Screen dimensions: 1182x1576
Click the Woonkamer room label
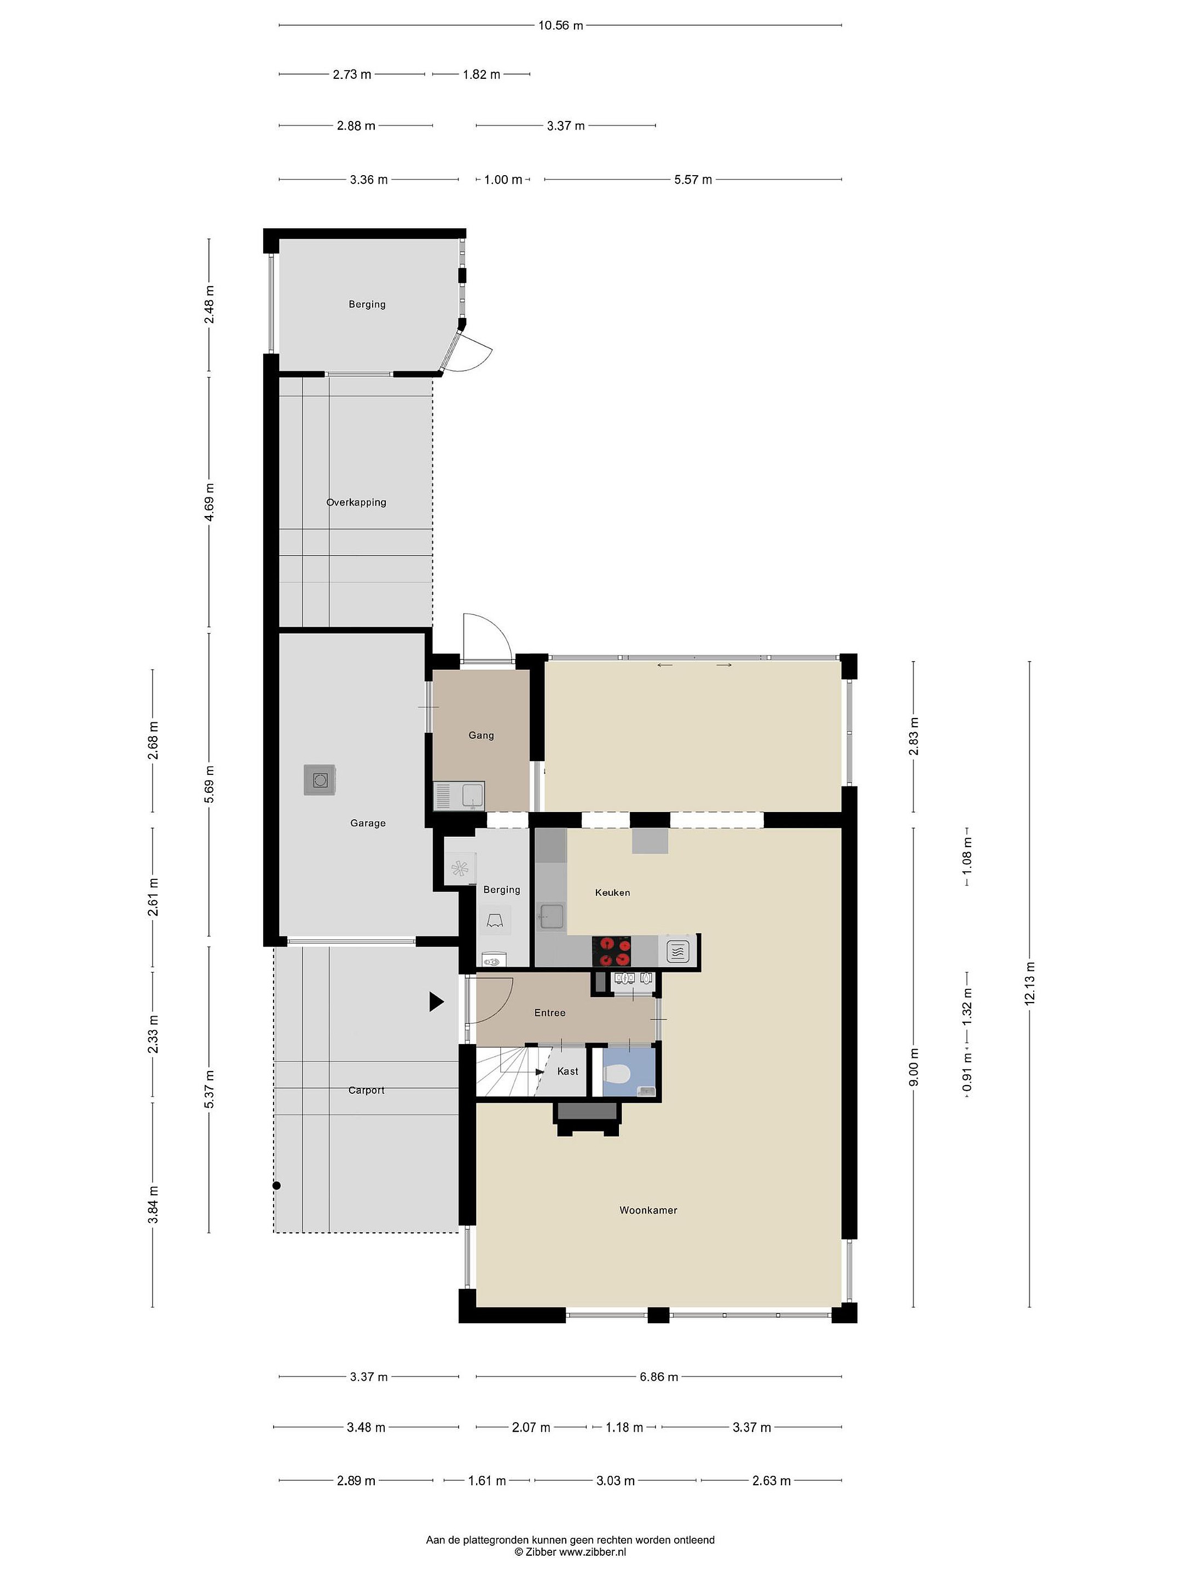tap(648, 1210)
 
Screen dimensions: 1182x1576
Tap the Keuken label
tap(612, 892)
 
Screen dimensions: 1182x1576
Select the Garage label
tap(368, 823)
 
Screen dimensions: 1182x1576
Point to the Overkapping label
tap(356, 502)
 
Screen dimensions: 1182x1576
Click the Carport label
tap(366, 1090)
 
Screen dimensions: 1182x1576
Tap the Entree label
tap(550, 1012)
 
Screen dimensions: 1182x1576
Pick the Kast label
tap(568, 1071)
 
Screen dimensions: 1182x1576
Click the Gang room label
tap(481, 735)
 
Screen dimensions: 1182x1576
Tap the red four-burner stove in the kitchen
tap(612, 951)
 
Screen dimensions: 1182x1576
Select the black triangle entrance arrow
tap(436, 1002)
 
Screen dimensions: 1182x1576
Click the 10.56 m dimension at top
tap(560, 26)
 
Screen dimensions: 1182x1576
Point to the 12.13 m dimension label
tap(1029, 983)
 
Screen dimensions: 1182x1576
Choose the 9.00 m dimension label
tap(914, 1067)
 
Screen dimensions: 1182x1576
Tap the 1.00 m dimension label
tap(503, 179)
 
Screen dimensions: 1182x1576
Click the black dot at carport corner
tap(276, 1186)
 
